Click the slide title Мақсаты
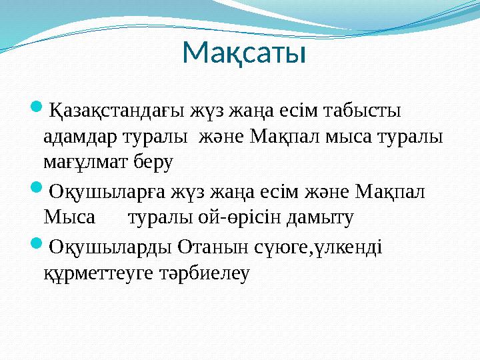[x=243, y=53]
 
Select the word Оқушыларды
[x=111, y=247]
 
